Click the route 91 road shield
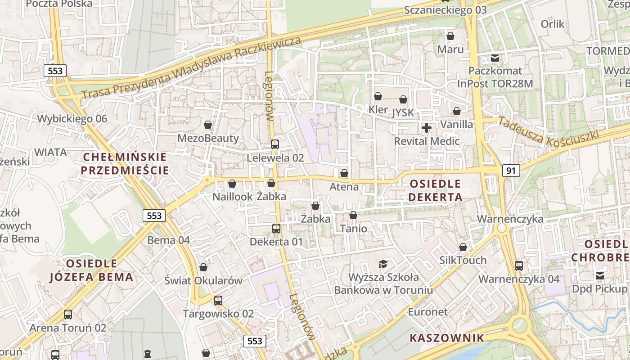[511, 171]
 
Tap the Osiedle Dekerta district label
[435, 190]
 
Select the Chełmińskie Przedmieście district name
[125, 164]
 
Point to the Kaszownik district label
[447, 338]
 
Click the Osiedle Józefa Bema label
[91, 270]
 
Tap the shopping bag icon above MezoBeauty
[208, 125]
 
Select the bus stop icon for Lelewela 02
[274, 144]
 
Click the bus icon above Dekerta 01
[276, 229]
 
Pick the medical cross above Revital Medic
[427, 128]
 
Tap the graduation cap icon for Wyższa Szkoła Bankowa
[383, 264]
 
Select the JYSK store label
[403, 112]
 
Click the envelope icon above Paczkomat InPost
[495, 58]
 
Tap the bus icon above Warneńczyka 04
[519, 265]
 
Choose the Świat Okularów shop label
[203, 281]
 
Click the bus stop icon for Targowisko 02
[218, 300]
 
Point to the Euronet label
[428, 312]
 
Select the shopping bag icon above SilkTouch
[463, 247]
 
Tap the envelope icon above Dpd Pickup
[599, 275]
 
